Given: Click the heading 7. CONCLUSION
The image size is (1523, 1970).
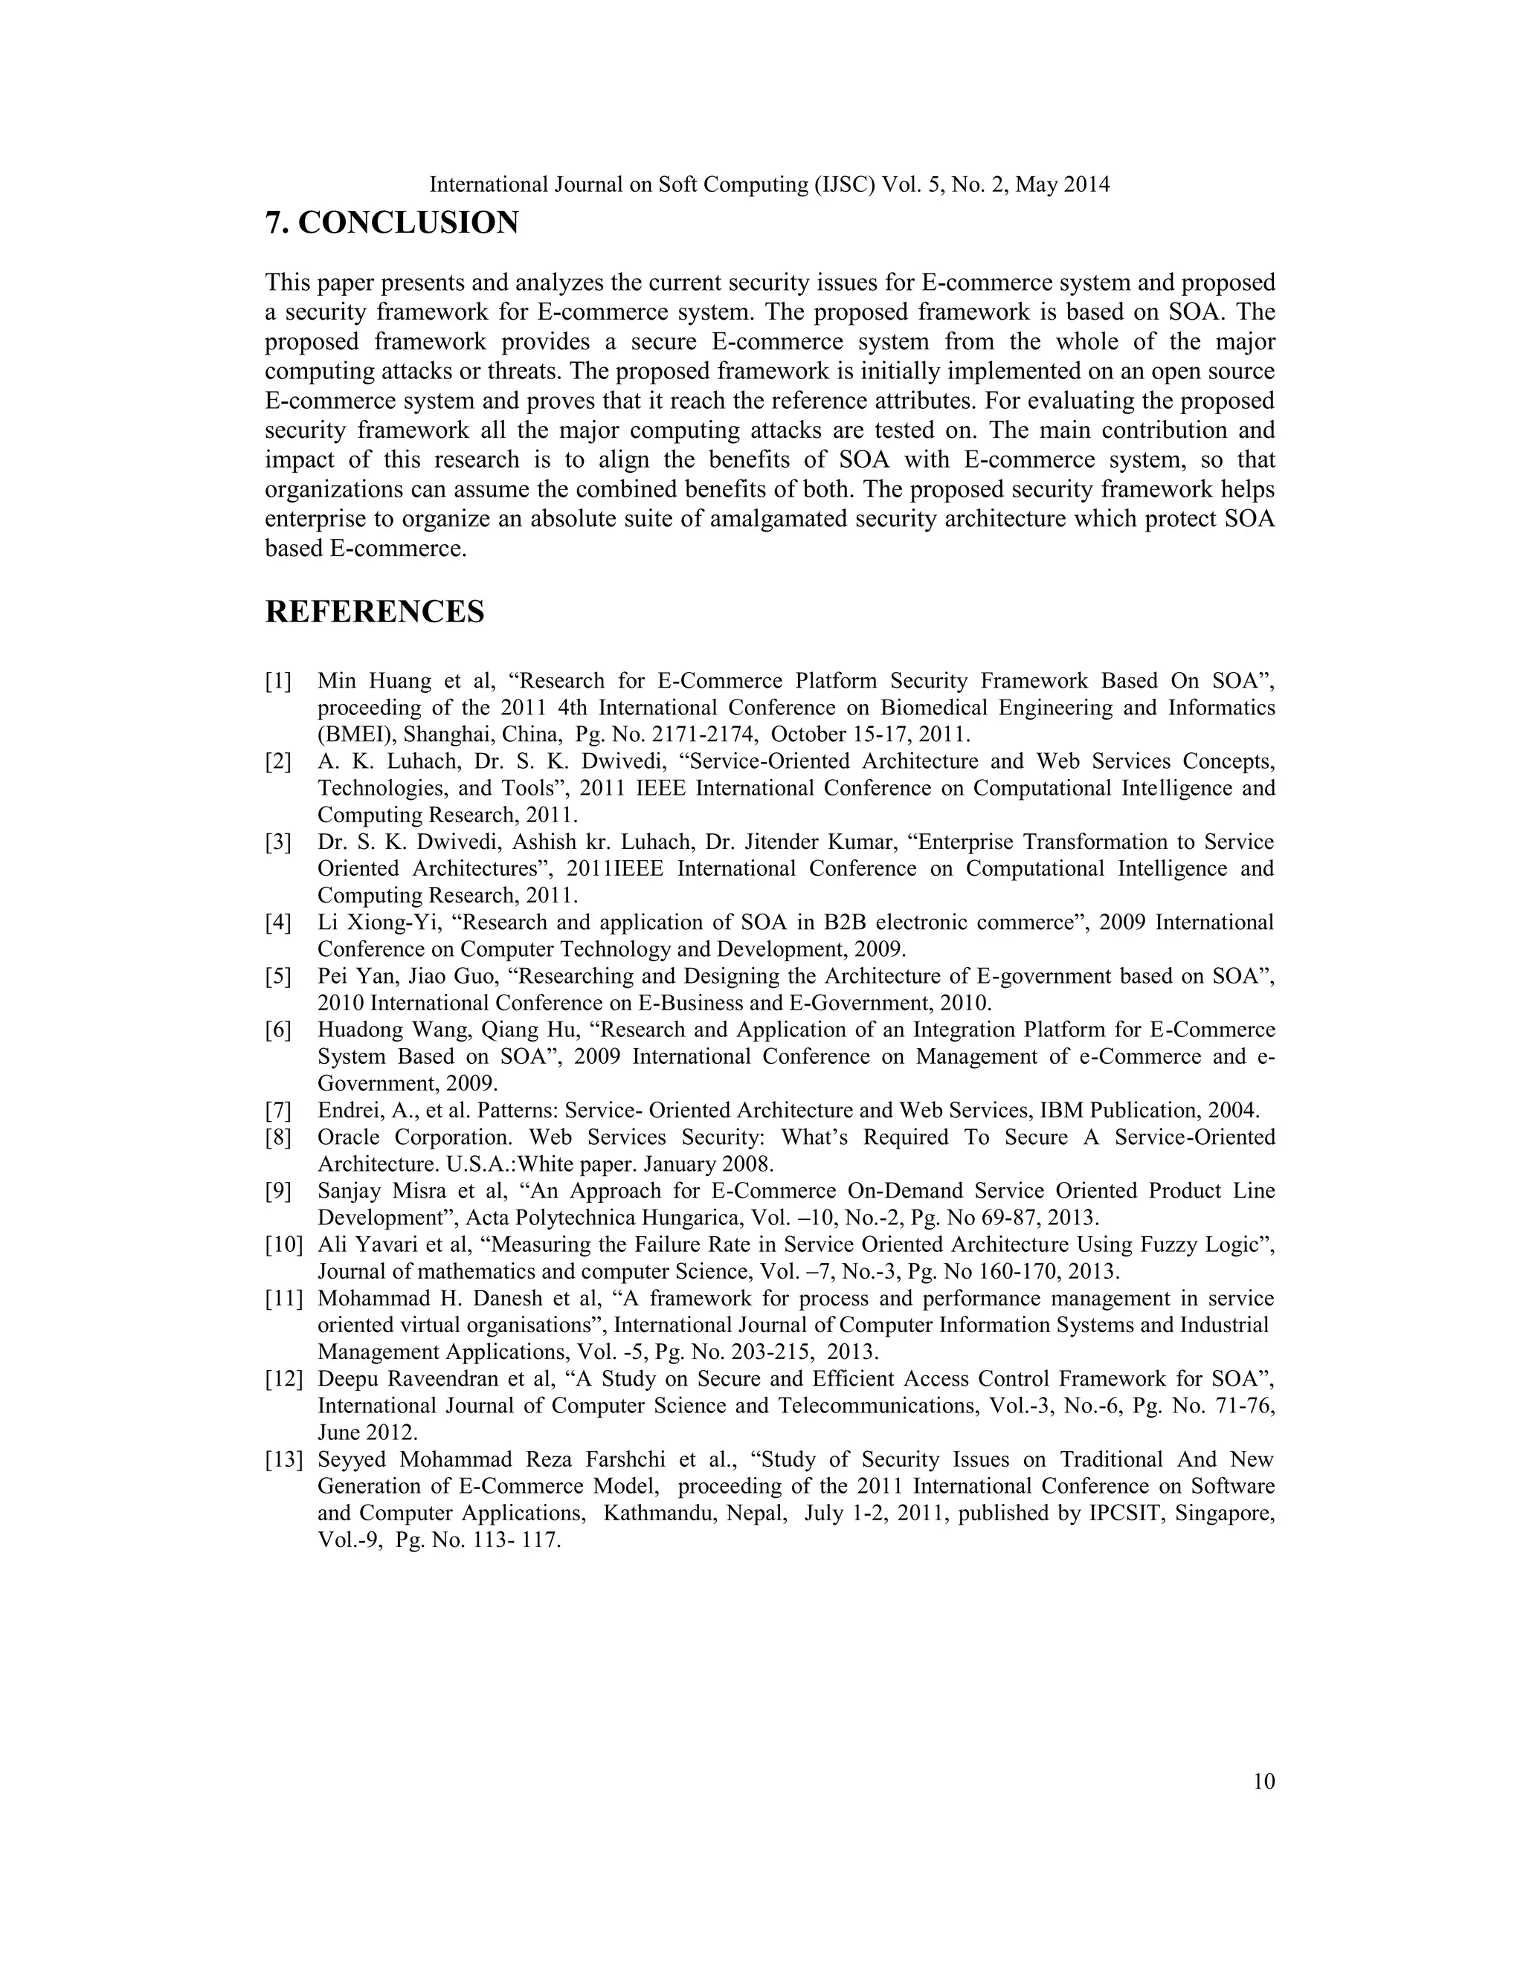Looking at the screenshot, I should coord(392,223).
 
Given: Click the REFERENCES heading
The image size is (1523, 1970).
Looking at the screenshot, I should coord(375,612).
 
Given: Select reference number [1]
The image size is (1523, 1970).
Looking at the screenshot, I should coord(278,681).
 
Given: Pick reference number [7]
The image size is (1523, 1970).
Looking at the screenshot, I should coord(278,1111).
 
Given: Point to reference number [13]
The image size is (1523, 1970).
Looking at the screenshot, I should coord(283,1459).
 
